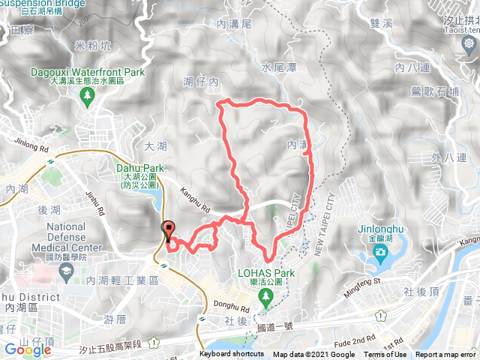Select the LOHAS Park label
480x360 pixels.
265,272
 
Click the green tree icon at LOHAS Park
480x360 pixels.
265,297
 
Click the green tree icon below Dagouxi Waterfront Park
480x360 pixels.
88,95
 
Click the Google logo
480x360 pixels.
27,349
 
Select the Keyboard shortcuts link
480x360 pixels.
232,355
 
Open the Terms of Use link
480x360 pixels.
385,355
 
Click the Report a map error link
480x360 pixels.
446,355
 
